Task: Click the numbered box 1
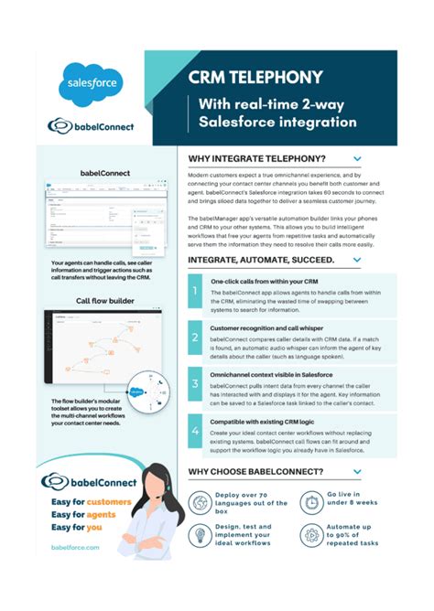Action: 195,293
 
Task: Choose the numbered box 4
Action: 195,429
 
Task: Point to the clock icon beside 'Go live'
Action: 311,502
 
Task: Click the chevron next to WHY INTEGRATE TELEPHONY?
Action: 357,158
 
